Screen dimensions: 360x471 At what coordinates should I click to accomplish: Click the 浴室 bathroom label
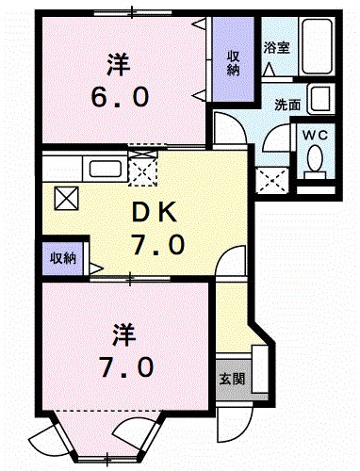[276, 48]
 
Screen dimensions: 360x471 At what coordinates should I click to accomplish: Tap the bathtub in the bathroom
[317, 46]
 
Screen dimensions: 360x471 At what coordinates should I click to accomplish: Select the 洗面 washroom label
[287, 105]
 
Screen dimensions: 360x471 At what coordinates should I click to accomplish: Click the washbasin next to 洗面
[320, 99]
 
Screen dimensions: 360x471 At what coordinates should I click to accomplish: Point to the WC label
[315, 136]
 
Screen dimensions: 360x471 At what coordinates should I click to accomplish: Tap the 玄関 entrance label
[232, 380]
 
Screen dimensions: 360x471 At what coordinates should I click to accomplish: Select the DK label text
[154, 213]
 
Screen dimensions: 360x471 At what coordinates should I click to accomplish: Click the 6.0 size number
[120, 97]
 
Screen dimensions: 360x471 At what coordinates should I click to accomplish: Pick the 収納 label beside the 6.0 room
[233, 63]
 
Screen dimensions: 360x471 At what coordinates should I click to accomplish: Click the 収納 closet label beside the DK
[63, 259]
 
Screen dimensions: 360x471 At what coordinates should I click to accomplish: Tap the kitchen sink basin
[106, 169]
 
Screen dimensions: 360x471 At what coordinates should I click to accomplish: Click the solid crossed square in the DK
[66, 199]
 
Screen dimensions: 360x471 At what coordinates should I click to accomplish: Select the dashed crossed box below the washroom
[272, 180]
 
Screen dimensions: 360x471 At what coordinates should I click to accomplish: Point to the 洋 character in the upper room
[119, 64]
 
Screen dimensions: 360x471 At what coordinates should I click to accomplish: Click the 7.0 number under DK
[157, 245]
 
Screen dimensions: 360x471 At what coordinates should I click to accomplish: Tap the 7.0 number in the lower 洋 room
[126, 367]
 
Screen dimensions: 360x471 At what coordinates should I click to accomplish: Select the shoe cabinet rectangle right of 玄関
[260, 368]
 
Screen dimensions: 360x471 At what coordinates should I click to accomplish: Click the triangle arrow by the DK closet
[96, 268]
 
